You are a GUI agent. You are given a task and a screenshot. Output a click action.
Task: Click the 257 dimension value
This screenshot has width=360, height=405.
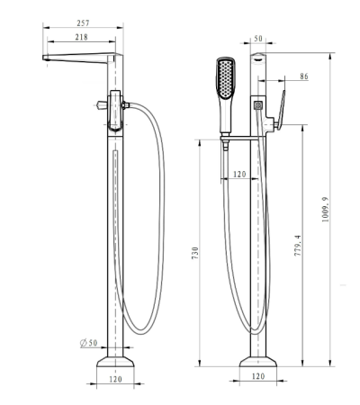83,22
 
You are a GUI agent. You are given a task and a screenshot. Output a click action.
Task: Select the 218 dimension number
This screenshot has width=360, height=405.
81,37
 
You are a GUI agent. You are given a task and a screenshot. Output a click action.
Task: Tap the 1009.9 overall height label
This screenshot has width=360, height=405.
325,210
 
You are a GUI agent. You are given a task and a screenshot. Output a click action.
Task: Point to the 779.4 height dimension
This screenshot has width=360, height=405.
297,246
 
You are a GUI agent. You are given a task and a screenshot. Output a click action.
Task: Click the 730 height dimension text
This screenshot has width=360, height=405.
195,253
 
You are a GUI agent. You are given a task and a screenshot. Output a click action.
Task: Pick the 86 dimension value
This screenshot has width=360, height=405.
304,76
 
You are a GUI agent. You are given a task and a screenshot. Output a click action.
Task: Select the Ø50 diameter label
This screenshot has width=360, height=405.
89,343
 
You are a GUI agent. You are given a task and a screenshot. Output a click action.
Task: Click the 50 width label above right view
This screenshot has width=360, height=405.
258,39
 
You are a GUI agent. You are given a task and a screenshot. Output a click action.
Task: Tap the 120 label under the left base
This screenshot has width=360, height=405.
115,379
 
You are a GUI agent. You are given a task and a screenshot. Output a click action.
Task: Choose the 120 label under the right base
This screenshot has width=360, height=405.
258,376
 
